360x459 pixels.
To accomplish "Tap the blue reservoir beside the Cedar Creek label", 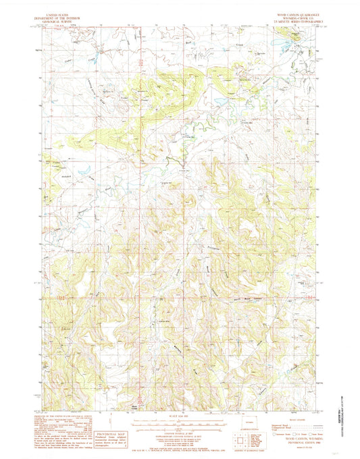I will [x=99, y=51].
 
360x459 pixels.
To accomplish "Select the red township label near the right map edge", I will [x=308, y=296].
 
